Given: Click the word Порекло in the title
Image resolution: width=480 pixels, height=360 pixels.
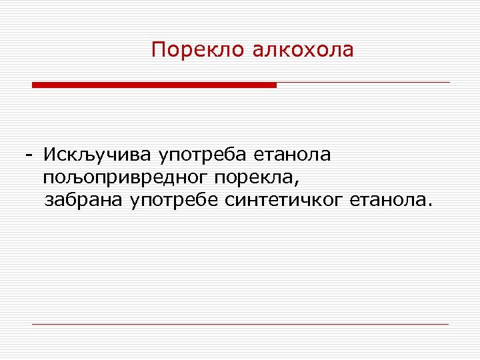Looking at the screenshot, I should tap(199, 50).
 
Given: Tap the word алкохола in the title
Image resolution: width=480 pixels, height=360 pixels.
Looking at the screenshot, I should tap(303, 50).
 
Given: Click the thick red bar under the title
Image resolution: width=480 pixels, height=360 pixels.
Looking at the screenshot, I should tap(154, 85).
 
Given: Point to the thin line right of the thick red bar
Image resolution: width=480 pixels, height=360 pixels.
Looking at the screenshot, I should tap(363, 83).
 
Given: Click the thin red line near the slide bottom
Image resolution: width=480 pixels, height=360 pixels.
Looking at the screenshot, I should tap(240, 324).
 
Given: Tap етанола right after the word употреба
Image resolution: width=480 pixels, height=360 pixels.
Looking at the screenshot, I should tap(292, 155).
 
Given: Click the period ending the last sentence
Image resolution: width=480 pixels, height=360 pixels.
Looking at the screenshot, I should tap(429, 205).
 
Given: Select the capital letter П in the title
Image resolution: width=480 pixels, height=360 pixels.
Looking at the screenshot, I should tap(157, 50).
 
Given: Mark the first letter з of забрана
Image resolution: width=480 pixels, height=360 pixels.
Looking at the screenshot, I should tap(48, 201).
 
